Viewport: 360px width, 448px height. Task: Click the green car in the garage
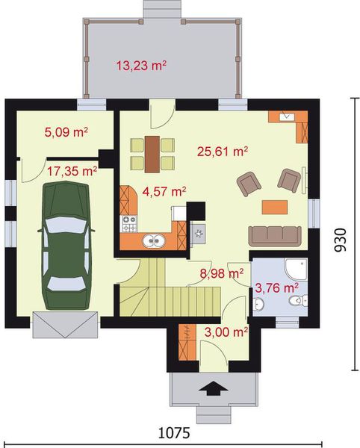pos(66,246)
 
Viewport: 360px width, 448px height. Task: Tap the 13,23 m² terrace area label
pos(141,66)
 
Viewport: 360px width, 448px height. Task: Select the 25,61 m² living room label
pos(223,151)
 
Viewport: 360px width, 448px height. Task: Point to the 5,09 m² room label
pos(66,132)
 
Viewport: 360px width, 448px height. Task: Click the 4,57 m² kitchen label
pos(164,191)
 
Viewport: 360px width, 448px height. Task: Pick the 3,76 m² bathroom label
pos(276,287)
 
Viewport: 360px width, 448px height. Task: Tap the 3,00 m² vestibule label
pos(226,332)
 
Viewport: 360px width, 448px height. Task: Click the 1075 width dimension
pos(174,433)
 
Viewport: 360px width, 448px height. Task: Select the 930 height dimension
pos(341,240)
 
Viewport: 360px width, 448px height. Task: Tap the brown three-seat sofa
pos(275,236)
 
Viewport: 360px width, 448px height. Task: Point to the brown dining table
pos(152,155)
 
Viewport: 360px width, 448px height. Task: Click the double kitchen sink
pos(154,241)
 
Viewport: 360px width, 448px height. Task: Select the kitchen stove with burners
pos(129,224)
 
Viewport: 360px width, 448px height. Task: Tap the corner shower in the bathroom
pos(297,269)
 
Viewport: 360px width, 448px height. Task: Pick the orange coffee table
pos(275,207)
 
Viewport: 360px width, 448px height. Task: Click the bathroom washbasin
pos(258,304)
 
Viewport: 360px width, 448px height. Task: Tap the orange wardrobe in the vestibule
pos(187,342)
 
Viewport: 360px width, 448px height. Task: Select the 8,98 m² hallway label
pos(222,273)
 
